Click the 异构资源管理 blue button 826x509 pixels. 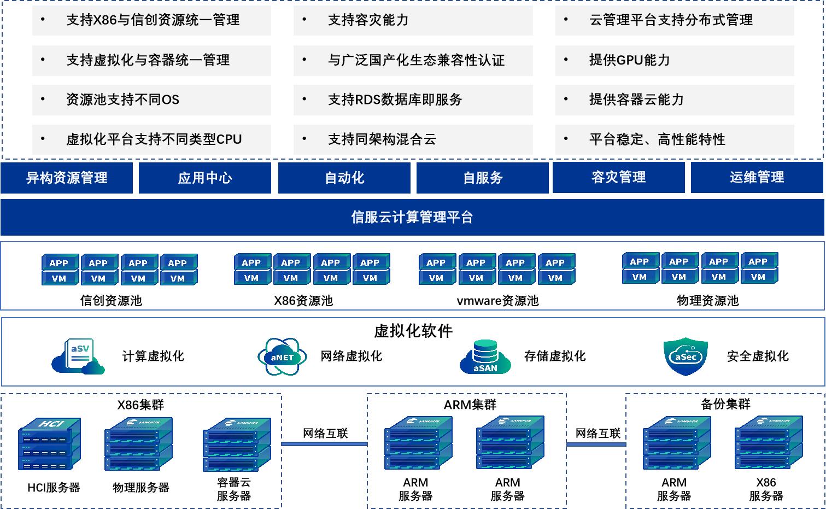(x=67, y=178)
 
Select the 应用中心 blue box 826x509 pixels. (x=205, y=178)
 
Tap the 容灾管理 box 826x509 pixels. (x=618, y=177)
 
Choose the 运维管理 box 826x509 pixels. (x=757, y=177)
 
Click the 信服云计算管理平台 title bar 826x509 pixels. (x=412, y=217)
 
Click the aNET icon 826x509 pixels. (x=282, y=356)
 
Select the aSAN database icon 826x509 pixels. (x=485, y=357)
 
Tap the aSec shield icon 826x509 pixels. (x=686, y=356)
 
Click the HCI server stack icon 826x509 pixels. (x=49, y=444)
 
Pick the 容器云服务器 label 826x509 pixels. (x=234, y=489)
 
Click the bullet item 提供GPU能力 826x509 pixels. (x=629, y=60)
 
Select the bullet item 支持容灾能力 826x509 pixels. (x=368, y=20)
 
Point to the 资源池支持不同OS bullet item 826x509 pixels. (x=122, y=100)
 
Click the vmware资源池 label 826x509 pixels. (x=497, y=300)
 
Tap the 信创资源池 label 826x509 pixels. (x=111, y=300)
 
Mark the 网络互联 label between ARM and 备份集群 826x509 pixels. (x=598, y=434)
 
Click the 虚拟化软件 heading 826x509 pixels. (x=413, y=331)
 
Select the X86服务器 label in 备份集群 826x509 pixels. (x=766, y=489)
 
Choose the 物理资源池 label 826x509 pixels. (x=707, y=300)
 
